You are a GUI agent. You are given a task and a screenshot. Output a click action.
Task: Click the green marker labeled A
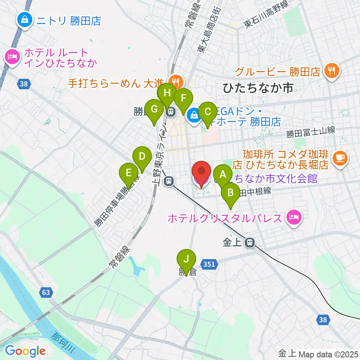point(223,174)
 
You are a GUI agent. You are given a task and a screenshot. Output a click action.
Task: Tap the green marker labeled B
point(230,193)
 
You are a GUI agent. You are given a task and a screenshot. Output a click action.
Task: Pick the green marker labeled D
point(142,156)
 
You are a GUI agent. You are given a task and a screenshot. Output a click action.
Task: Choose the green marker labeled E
point(128,173)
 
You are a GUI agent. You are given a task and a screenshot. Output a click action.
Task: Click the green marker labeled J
point(186,259)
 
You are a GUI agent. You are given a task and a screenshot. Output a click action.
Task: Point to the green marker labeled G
point(154,109)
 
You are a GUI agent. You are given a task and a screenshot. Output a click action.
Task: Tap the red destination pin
point(201,172)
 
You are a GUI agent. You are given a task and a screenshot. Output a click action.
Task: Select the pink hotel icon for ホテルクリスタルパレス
point(293,217)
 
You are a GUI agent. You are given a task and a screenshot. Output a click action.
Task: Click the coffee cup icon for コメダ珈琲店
point(340,157)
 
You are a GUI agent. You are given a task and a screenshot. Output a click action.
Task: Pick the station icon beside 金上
point(249,243)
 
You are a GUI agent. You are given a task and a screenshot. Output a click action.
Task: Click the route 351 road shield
point(209,264)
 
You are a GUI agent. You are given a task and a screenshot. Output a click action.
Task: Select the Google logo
point(25,351)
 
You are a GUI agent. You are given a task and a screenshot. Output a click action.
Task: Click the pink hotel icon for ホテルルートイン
point(12,57)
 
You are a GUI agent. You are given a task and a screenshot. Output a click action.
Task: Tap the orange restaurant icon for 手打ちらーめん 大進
point(175,80)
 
